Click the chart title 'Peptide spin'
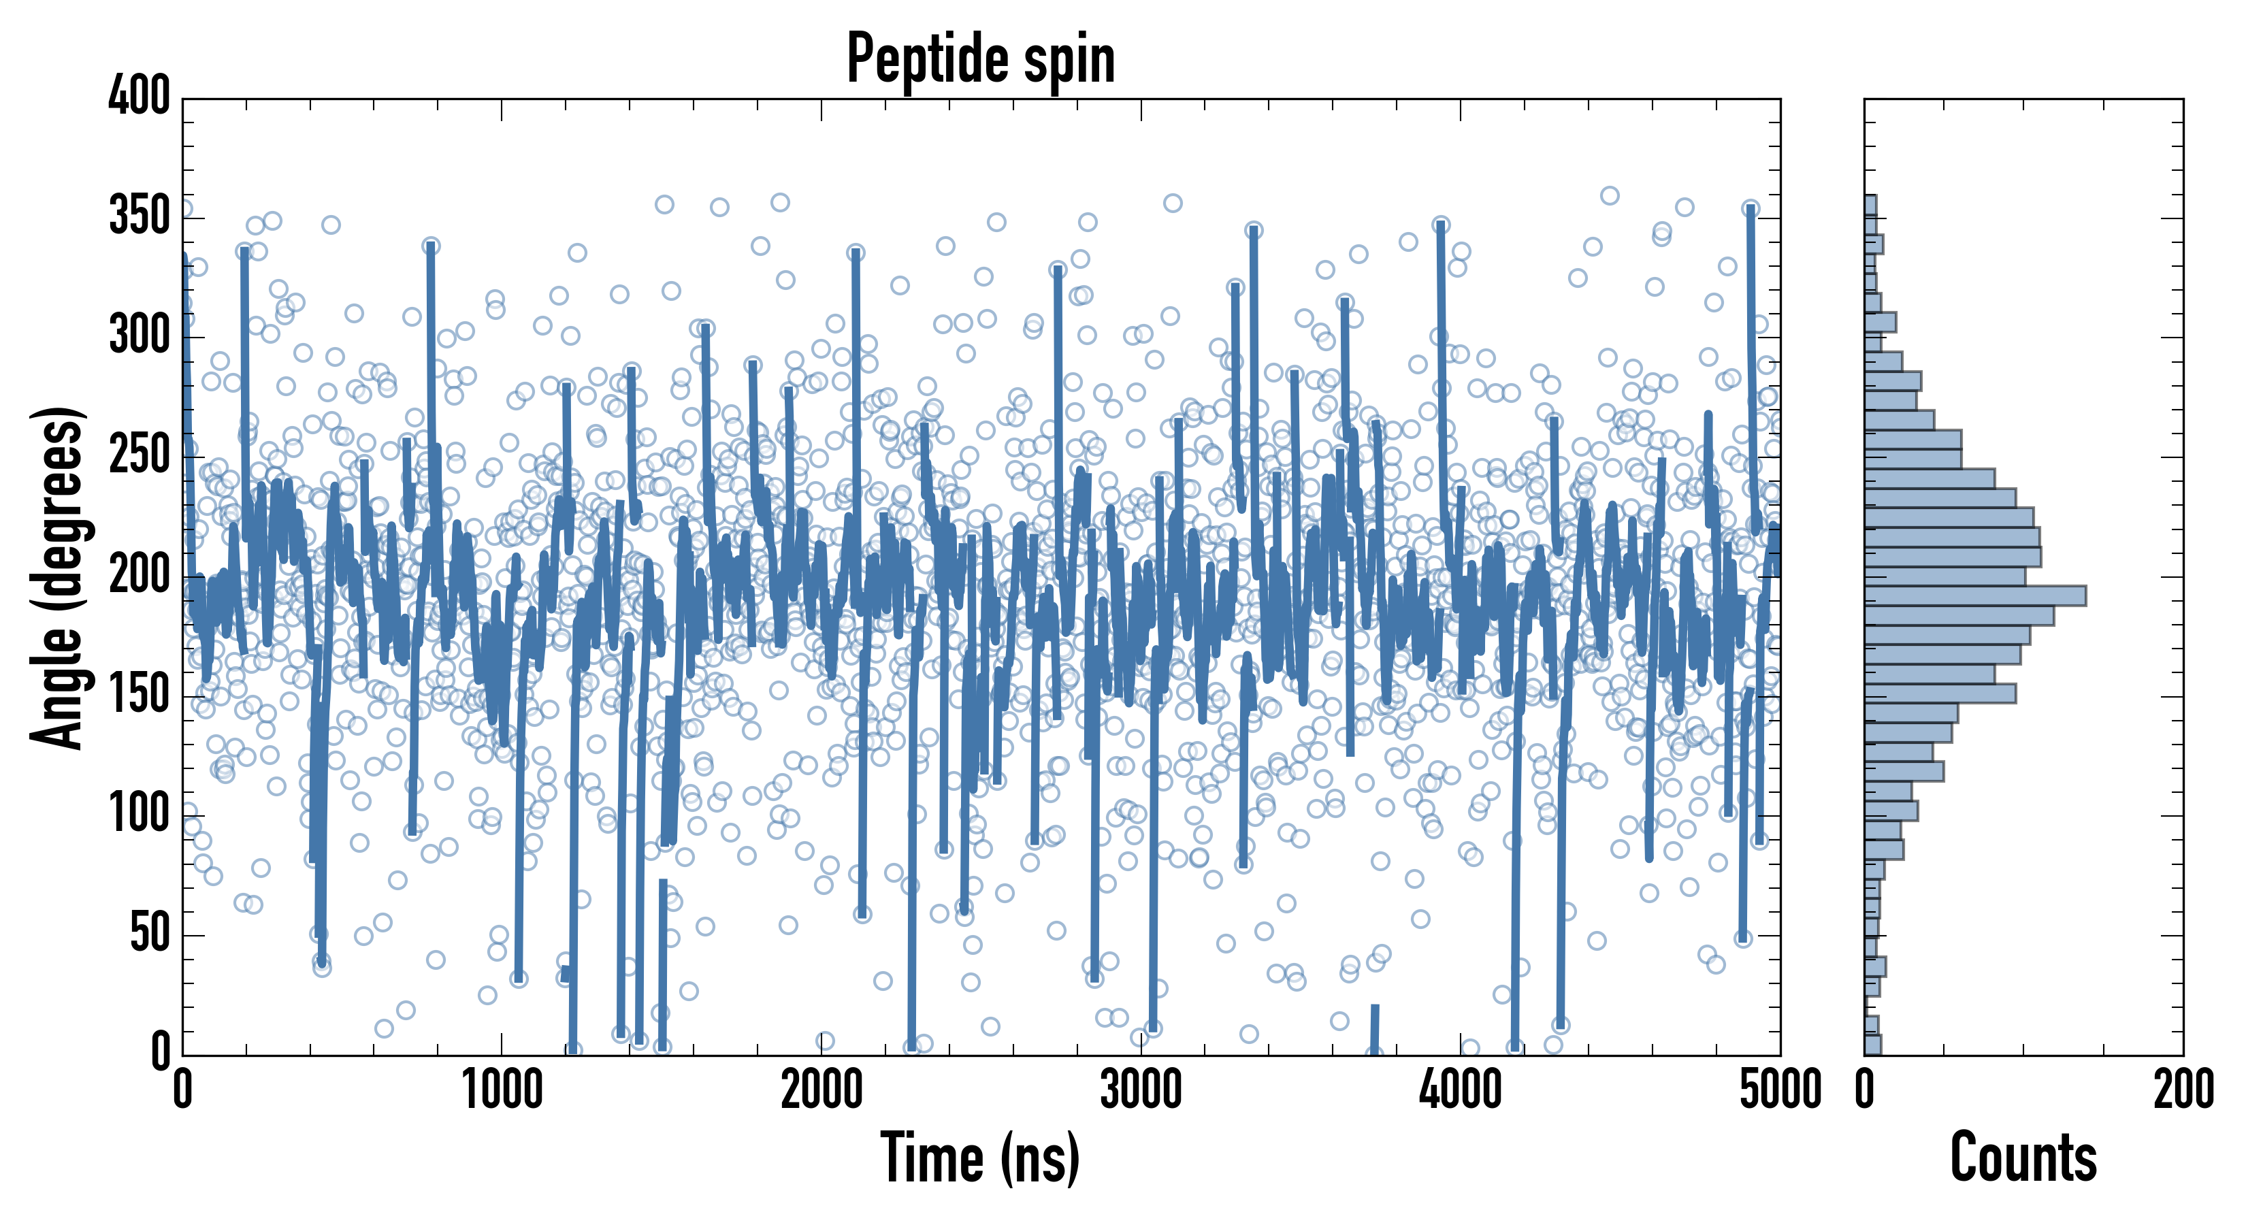point(981,59)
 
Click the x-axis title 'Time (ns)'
point(981,1158)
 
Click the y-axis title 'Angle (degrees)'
point(58,577)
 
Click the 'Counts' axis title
point(2023,1158)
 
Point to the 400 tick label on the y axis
point(140,96)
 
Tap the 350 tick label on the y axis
point(140,216)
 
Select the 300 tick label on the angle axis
point(140,336)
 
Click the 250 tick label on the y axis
point(140,456)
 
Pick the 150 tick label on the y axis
point(140,696)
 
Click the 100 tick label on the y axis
point(140,815)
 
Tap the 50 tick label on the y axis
point(150,934)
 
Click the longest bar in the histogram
point(1975,596)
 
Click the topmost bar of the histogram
point(1870,205)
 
